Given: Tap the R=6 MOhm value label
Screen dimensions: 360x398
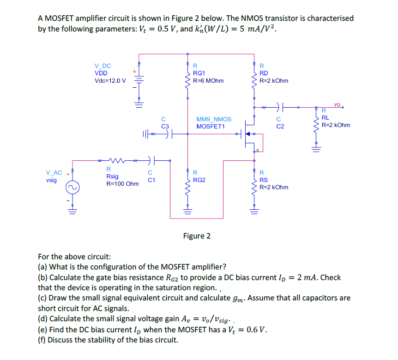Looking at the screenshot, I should (208, 80).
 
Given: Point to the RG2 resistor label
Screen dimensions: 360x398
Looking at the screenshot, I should (199, 180).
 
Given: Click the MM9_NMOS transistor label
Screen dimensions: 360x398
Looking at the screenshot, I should (214, 119).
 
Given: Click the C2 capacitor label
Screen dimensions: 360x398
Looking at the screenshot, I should (280, 126).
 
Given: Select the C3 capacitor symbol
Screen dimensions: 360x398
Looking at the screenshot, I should (166, 134).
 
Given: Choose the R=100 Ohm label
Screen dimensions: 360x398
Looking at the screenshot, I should (122, 184).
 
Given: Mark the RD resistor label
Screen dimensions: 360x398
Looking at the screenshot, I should (264, 73).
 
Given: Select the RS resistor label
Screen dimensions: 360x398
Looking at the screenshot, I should (264, 180).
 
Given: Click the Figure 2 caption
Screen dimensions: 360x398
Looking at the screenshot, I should (197, 236).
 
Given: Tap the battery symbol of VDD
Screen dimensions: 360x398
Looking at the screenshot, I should (139, 80).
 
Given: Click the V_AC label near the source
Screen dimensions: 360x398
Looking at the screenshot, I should (54, 173).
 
